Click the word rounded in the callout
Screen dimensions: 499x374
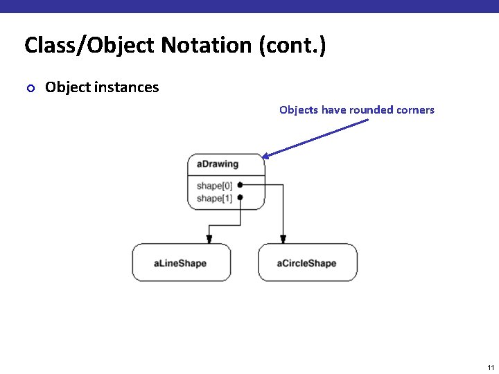coord(370,109)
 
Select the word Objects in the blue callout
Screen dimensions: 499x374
coord(299,109)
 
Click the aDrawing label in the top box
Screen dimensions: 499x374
coord(217,164)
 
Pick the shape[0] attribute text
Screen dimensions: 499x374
coord(214,186)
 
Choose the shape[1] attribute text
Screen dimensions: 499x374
coord(214,198)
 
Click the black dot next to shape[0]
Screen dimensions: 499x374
coord(240,185)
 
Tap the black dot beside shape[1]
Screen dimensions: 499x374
coord(240,197)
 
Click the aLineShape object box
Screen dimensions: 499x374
coord(181,262)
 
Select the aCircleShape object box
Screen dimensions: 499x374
coord(307,262)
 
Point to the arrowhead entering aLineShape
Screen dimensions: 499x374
coord(209,239)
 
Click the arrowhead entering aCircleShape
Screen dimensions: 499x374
coord(283,239)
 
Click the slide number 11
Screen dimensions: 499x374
coord(490,367)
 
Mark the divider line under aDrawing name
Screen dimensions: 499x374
coord(226,176)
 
